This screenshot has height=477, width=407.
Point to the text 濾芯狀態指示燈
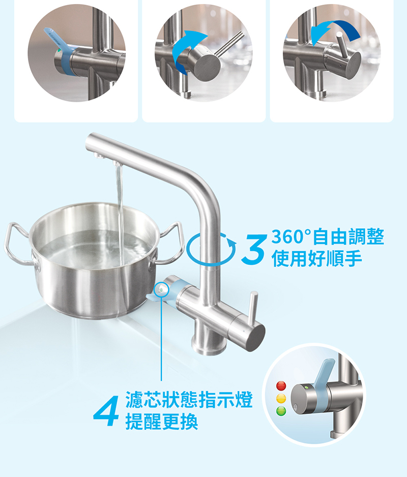pyautogui.click(x=189, y=400)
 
